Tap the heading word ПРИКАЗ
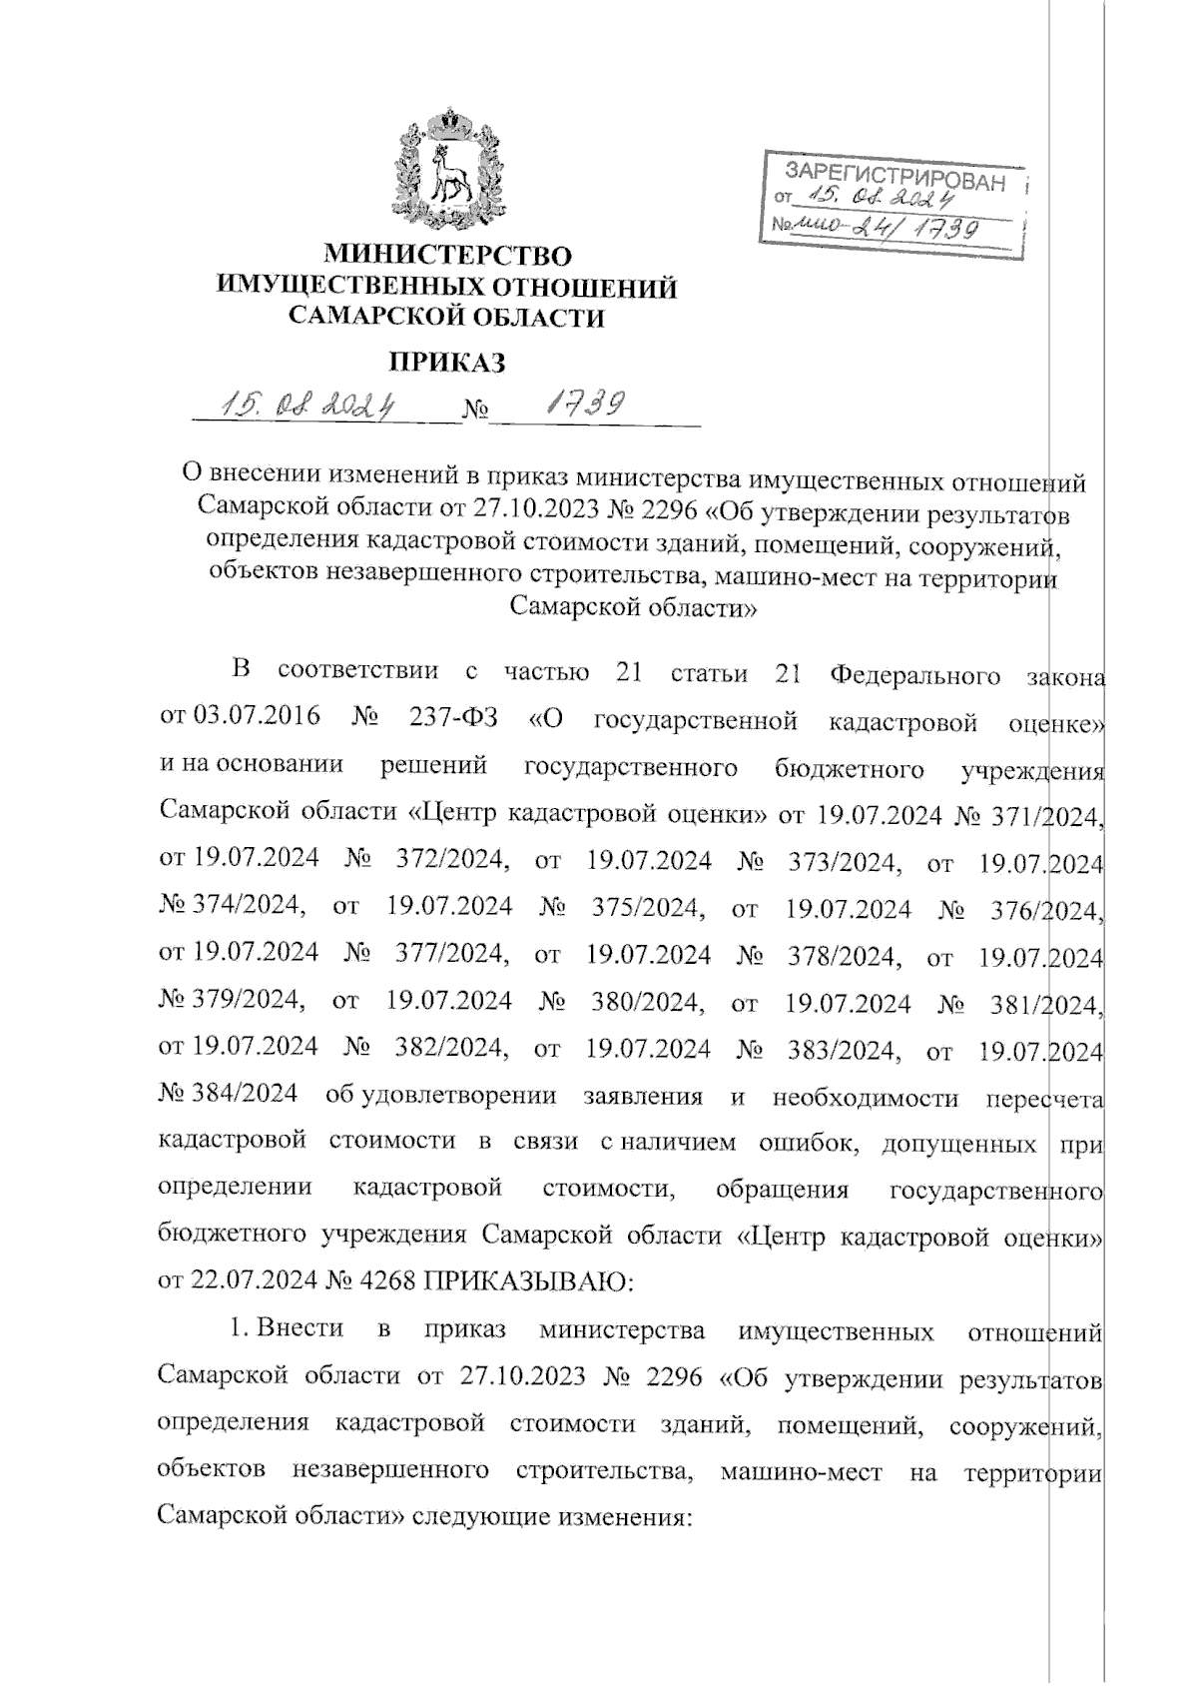[x=446, y=362]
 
